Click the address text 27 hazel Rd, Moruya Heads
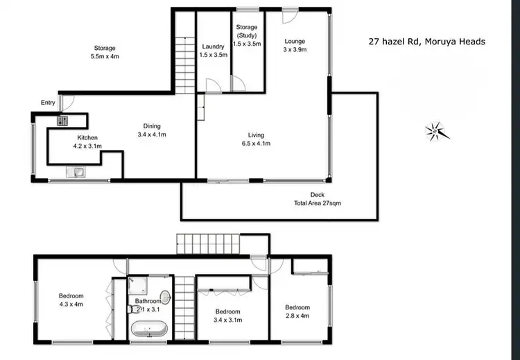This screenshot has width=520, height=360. coord(426,42)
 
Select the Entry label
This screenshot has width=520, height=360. coord(48,103)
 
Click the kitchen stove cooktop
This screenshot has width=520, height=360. coord(62,121)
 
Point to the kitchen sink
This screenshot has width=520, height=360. coord(74,173)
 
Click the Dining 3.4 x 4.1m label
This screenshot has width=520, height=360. coord(152,130)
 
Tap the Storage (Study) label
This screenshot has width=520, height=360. coord(247,39)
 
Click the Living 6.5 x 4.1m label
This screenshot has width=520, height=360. coord(259,139)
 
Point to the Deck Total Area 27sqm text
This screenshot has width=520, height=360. coord(318,199)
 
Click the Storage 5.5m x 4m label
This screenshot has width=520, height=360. coord(105,52)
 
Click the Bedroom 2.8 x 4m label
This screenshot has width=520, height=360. coord(297,311)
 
